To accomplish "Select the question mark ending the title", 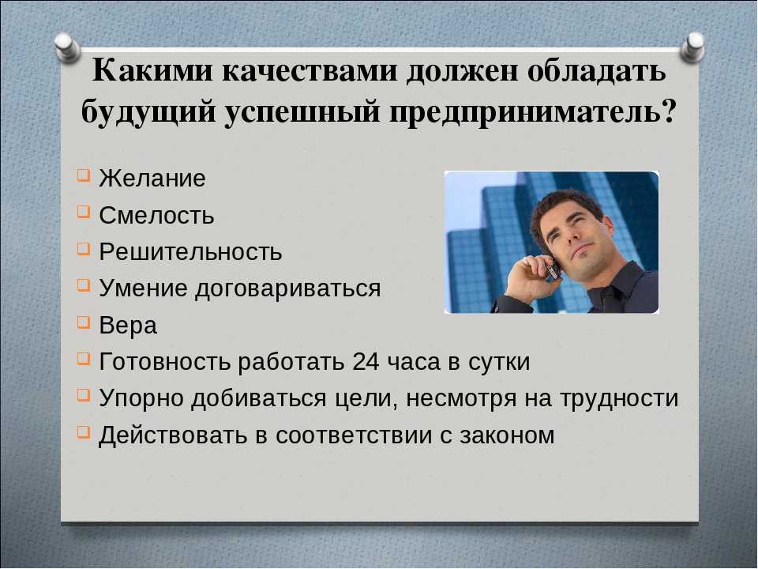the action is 666,111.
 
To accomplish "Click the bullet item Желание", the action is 152,178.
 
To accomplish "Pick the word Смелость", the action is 156,215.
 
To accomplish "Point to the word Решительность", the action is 190,251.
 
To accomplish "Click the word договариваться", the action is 288,289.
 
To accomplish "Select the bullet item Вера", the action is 128,325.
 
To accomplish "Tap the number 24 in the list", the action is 366,361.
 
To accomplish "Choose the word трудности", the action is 619,399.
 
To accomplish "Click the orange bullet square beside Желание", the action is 83,175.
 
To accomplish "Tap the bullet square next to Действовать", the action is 83,431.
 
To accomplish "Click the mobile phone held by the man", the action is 552,269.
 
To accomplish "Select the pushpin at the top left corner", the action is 66,48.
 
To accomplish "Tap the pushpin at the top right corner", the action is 692,47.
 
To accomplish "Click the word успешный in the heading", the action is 302,113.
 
